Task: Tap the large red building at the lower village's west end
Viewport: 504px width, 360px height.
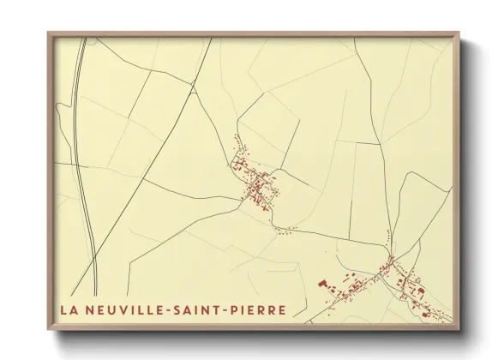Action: coord(324,282)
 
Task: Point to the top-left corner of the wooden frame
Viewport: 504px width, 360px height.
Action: coord(48,33)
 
